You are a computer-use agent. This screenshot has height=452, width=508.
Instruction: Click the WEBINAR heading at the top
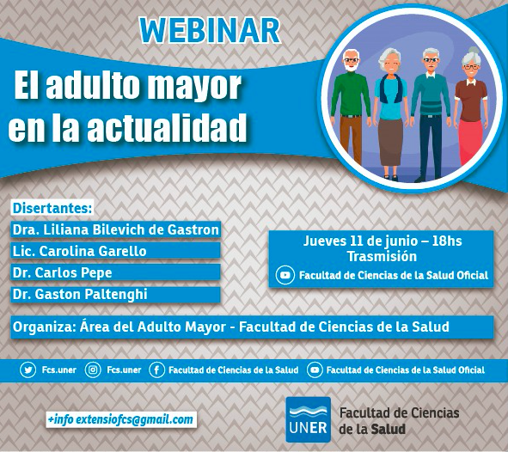pos(210,30)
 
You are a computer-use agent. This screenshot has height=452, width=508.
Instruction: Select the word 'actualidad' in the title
pos(167,127)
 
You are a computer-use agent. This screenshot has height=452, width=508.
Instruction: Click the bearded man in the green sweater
pos(351,107)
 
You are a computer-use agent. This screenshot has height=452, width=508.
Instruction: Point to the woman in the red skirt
pos(471,107)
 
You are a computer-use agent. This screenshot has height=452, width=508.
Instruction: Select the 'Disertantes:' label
pos(52,208)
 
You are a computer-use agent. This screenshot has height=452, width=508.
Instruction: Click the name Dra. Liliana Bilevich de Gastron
pos(116,229)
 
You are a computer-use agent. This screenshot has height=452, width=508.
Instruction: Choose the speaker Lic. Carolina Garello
pos(79,251)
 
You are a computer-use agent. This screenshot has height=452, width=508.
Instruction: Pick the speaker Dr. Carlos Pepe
pos(62,272)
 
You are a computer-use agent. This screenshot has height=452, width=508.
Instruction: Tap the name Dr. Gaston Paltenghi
pos(80,295)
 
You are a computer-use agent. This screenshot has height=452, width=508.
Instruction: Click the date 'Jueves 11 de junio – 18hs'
pos(383,241)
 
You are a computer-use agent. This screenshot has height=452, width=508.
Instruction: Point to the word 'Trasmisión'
pos(382,256)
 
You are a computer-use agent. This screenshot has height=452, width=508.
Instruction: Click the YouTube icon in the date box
pos(285,275)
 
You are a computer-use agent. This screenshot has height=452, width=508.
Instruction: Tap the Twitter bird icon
pos(28,370)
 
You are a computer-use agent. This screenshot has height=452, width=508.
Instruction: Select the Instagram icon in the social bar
pos(93,370)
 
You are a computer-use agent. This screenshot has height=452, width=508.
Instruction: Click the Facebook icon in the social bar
pos(156,370)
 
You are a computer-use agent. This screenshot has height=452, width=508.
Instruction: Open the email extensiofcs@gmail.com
pos(134,419)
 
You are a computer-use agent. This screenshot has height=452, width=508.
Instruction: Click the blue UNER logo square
pos(308,419)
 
